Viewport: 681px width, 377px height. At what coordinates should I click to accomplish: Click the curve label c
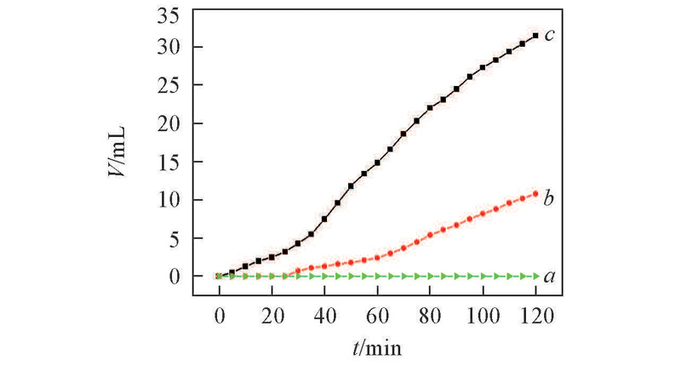[551, 35]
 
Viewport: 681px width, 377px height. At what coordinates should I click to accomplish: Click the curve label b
[549, 198]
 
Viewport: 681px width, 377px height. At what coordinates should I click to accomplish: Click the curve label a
[550, 276]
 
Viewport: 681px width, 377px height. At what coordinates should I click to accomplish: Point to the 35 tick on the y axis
[168, 16]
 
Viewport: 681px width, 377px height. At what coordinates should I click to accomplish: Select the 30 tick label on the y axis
[168, 47]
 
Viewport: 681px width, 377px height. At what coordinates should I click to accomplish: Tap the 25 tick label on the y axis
[168, 85]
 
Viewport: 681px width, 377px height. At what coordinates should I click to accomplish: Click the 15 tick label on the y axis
[168, 162]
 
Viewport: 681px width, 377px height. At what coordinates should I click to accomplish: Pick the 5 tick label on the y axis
[172, 238]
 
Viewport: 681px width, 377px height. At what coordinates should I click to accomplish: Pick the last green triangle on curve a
[535, 277]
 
